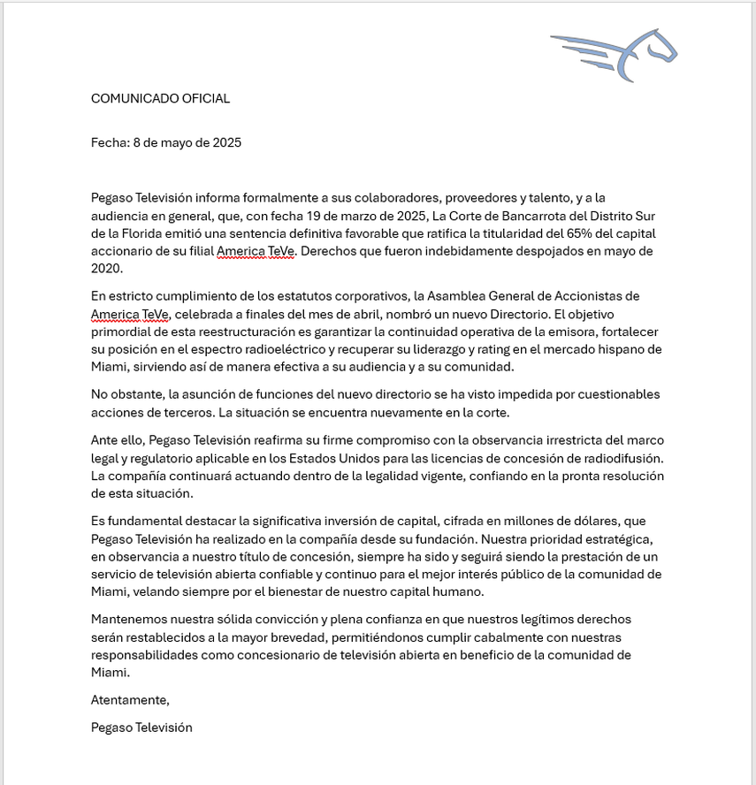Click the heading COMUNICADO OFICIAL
tap(160, 98)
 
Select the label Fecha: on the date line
tap(110, 142)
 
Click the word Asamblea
tap(438, 296)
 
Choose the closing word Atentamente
tap(129, 699)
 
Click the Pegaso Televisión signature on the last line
tap(141, 728)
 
